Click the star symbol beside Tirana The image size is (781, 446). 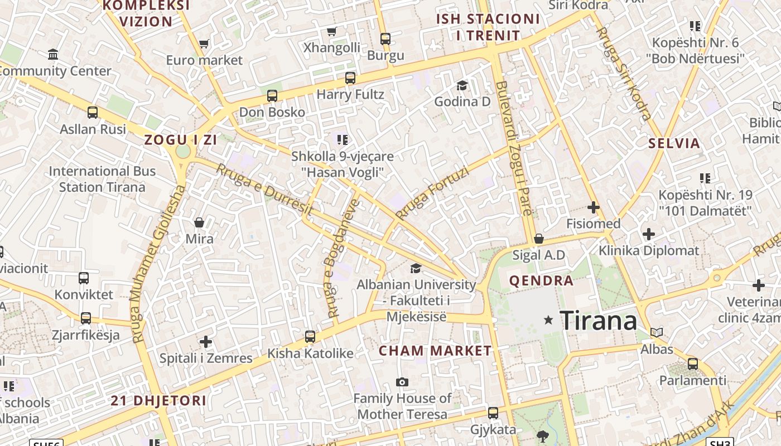pos(548,320)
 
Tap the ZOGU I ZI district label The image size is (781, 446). pos(180,140)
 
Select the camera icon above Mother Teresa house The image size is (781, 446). pos(402,382)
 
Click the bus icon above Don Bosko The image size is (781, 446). pos(272,96)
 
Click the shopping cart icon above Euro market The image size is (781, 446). pos(204,43)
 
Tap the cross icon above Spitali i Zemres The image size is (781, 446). pos(206,341)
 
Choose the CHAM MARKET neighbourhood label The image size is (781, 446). pos(435,351)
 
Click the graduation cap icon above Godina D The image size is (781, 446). pos(462,85)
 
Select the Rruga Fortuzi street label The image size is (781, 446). pos(432,192)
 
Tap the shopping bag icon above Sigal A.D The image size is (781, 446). pos(538,239)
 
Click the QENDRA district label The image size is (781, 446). pos(541,280)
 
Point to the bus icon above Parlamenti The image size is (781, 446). pos(692,364)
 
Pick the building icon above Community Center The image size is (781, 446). pos(54,54)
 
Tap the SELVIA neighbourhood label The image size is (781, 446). pos(674,143)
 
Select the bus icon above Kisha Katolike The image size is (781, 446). pos(310,337)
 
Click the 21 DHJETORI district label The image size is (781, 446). pos(158,400)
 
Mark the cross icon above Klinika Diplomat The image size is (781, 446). pos(648,234)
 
